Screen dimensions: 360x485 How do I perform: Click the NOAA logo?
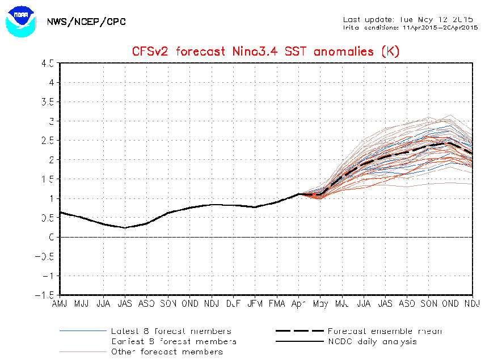[20, 22]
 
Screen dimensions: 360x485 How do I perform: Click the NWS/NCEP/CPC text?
[87, 22]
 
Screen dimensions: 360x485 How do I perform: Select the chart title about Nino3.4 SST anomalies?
[266, 52]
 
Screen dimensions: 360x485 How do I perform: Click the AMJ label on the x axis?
[60, 304]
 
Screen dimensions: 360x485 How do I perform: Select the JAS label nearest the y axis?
[125, 304]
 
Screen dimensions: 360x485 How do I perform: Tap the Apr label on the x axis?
[298, 304]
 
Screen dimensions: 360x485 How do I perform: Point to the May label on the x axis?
[320, 304]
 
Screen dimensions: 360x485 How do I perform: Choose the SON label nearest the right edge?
[429, 304]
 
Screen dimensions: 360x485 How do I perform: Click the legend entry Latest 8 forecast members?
[171, 331]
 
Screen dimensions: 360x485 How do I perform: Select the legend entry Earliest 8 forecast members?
[174, 341]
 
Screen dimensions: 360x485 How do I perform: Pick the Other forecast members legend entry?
[167, 351]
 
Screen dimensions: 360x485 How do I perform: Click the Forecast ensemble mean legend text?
[385, 331]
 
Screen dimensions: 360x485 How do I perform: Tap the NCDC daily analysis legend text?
[372, 341]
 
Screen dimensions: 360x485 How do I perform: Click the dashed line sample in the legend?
[298, 331]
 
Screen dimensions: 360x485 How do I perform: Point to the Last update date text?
[408, 19]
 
